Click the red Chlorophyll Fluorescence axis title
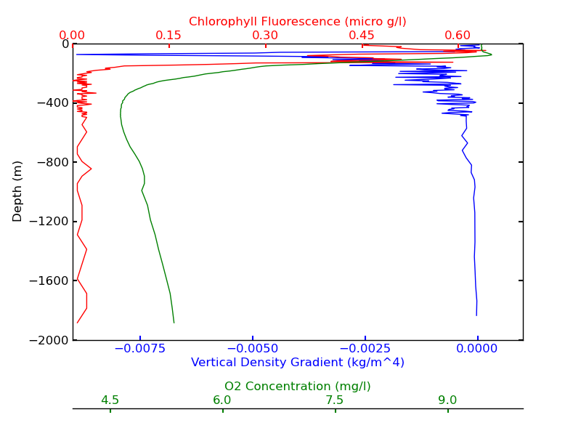click(x=298, y=22)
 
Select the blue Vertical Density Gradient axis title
click(x=298, y=362)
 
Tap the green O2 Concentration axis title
click(x=298, y=387)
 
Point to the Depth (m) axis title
click(x=18, y=191)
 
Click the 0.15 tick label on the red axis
click(x=168, y=35)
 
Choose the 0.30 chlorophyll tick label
click(x=265, y=35)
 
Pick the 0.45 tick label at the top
click(x=362, y=35)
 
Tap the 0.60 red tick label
click(x=458, y=35)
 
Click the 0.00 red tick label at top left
click(x=73, y=35)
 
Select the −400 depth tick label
click(x=54, y=103)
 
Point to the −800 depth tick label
click(x=54, y=162)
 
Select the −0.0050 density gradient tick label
click(x=251, y=349)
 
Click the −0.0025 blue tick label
click(x=363, y=349)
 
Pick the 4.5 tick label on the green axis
click(x=110, y=400)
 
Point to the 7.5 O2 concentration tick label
click(x=335, y=400)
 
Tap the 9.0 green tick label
click(x=447, y=400)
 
